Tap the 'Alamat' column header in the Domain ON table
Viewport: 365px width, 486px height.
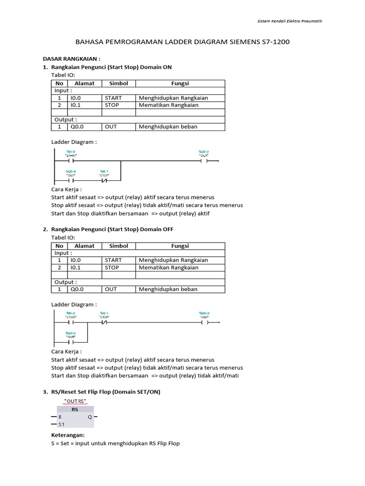tap(84, 83)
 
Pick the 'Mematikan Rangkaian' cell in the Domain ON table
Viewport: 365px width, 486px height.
tap(168, 105)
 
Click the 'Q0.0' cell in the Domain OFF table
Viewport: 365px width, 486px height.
tap(77, 289)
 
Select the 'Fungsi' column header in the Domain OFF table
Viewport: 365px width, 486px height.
tap(180, 246)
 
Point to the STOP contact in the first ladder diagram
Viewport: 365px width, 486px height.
tap(104, 180)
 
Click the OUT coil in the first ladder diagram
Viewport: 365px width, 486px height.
tap(204, 161)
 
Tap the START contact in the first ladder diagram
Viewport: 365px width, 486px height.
tap(71, 161)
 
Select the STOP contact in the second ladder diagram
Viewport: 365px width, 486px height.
tap(104, 323)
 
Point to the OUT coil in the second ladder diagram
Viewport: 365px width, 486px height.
tap(204, 323)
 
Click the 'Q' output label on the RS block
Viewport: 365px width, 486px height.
tap(89, 417)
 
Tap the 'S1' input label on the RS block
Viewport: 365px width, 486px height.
tap(61, 424)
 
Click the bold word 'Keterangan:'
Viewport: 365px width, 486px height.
tap(67, 435)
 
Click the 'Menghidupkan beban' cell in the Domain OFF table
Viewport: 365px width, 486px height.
tap(168, 289)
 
